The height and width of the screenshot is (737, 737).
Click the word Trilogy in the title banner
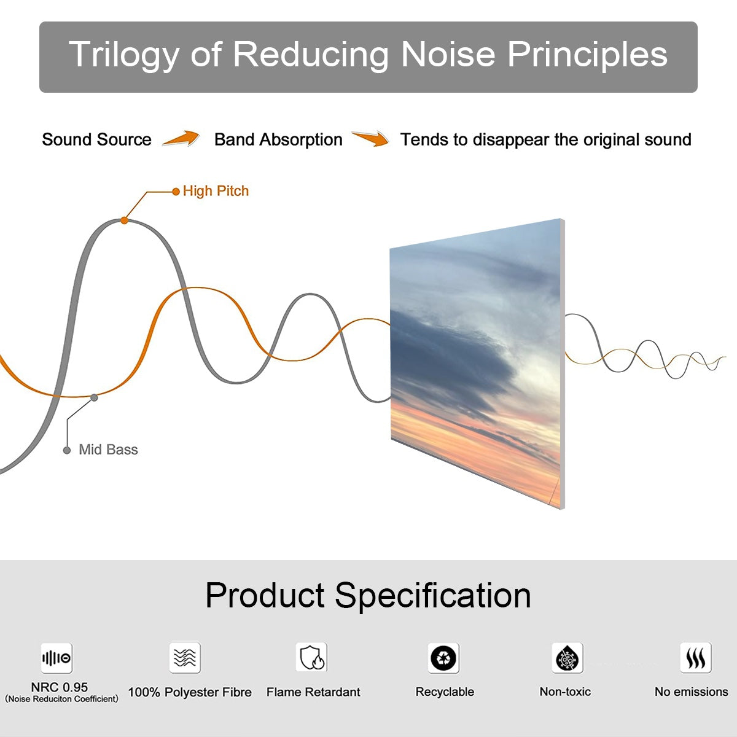124,55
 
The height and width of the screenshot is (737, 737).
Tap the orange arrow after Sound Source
181,138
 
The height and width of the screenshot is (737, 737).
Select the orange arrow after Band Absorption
370,138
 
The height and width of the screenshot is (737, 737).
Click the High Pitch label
216,191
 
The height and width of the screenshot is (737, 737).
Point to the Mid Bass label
108,450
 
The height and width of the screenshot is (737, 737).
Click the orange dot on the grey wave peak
124,220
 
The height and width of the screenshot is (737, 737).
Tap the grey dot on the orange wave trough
94,398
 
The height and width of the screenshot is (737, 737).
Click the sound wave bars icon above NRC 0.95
57,658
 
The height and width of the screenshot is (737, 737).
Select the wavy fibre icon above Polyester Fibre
185,657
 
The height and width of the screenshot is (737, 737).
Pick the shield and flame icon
312,657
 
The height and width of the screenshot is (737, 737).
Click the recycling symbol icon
443,658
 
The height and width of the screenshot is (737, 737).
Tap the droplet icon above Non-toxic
567,658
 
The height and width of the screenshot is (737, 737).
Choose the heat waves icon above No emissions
696,658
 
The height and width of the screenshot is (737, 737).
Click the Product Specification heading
368,596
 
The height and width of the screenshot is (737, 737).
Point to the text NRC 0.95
60,687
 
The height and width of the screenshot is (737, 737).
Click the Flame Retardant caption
313,692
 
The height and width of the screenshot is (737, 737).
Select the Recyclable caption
445,692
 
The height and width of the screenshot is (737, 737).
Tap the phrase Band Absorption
278,139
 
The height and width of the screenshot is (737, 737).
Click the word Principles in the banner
587,55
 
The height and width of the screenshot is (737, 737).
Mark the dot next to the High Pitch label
176,192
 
